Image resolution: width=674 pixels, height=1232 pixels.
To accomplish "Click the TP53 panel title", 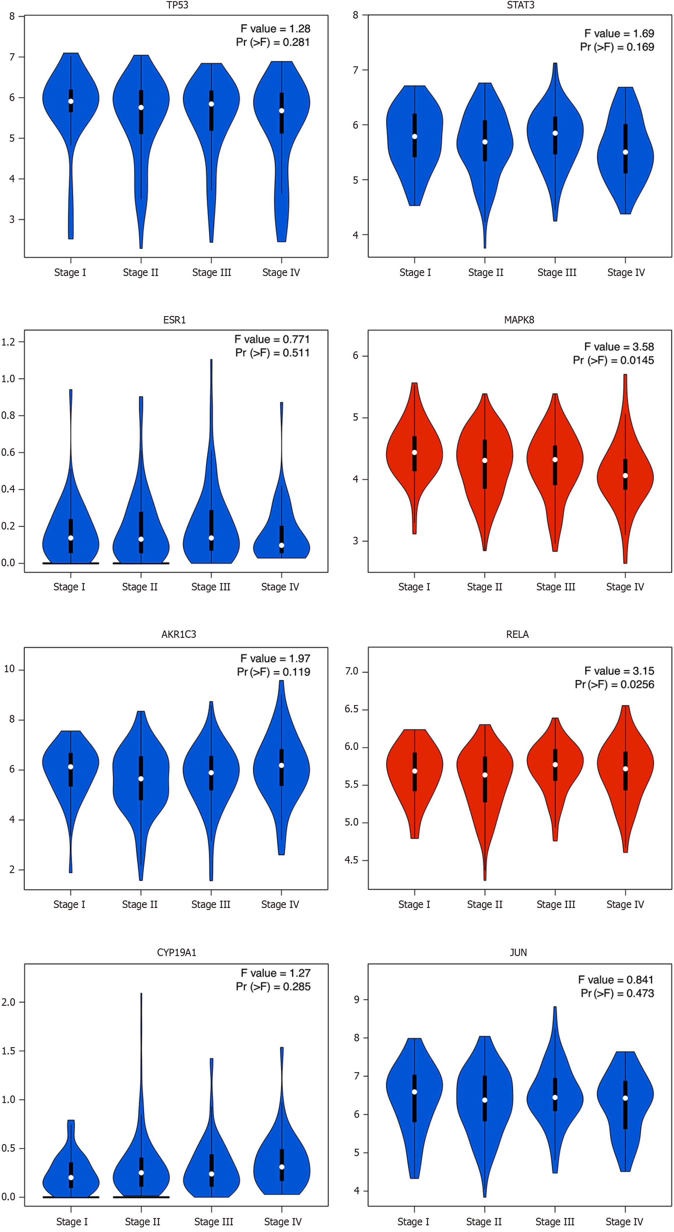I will [177, 5].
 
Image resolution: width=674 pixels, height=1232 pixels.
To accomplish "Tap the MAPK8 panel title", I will [519, 320].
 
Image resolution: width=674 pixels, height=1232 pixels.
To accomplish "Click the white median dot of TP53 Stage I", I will [71, 101].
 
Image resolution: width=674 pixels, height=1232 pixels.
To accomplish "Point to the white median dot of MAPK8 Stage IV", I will [625, 475].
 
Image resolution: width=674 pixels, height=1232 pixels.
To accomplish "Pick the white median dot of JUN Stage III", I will [555, 1097].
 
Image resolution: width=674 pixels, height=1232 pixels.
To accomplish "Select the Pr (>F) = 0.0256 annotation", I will [614, 684].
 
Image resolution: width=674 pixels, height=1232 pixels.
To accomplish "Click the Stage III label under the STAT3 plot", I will [557, 272].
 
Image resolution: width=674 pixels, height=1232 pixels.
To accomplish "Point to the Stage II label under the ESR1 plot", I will [140, 587].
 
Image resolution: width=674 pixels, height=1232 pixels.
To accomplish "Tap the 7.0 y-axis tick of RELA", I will [352, 672].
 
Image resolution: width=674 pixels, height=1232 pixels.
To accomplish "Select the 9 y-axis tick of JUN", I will [356, 1000].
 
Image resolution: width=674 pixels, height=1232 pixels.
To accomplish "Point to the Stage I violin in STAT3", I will [415, 144].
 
